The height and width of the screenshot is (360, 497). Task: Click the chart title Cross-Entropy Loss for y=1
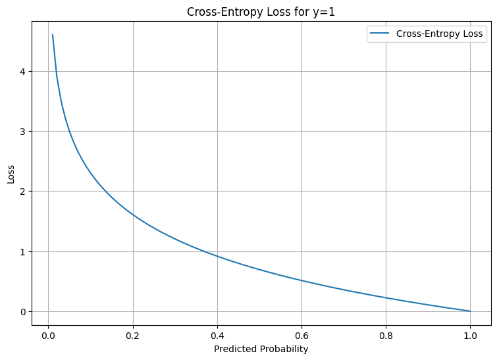pos(261,12)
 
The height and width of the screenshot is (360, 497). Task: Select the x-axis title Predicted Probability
pos(261,349)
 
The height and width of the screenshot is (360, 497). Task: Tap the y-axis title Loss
pos(11,174)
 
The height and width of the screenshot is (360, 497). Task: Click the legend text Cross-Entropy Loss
pos(439,34)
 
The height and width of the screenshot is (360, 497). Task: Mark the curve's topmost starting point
pos(53,35)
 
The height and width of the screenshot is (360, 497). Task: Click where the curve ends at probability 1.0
pos(470,311)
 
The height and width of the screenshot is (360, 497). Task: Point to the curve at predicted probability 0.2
pos(133,215)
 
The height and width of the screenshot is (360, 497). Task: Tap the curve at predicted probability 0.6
pos(301,280)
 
